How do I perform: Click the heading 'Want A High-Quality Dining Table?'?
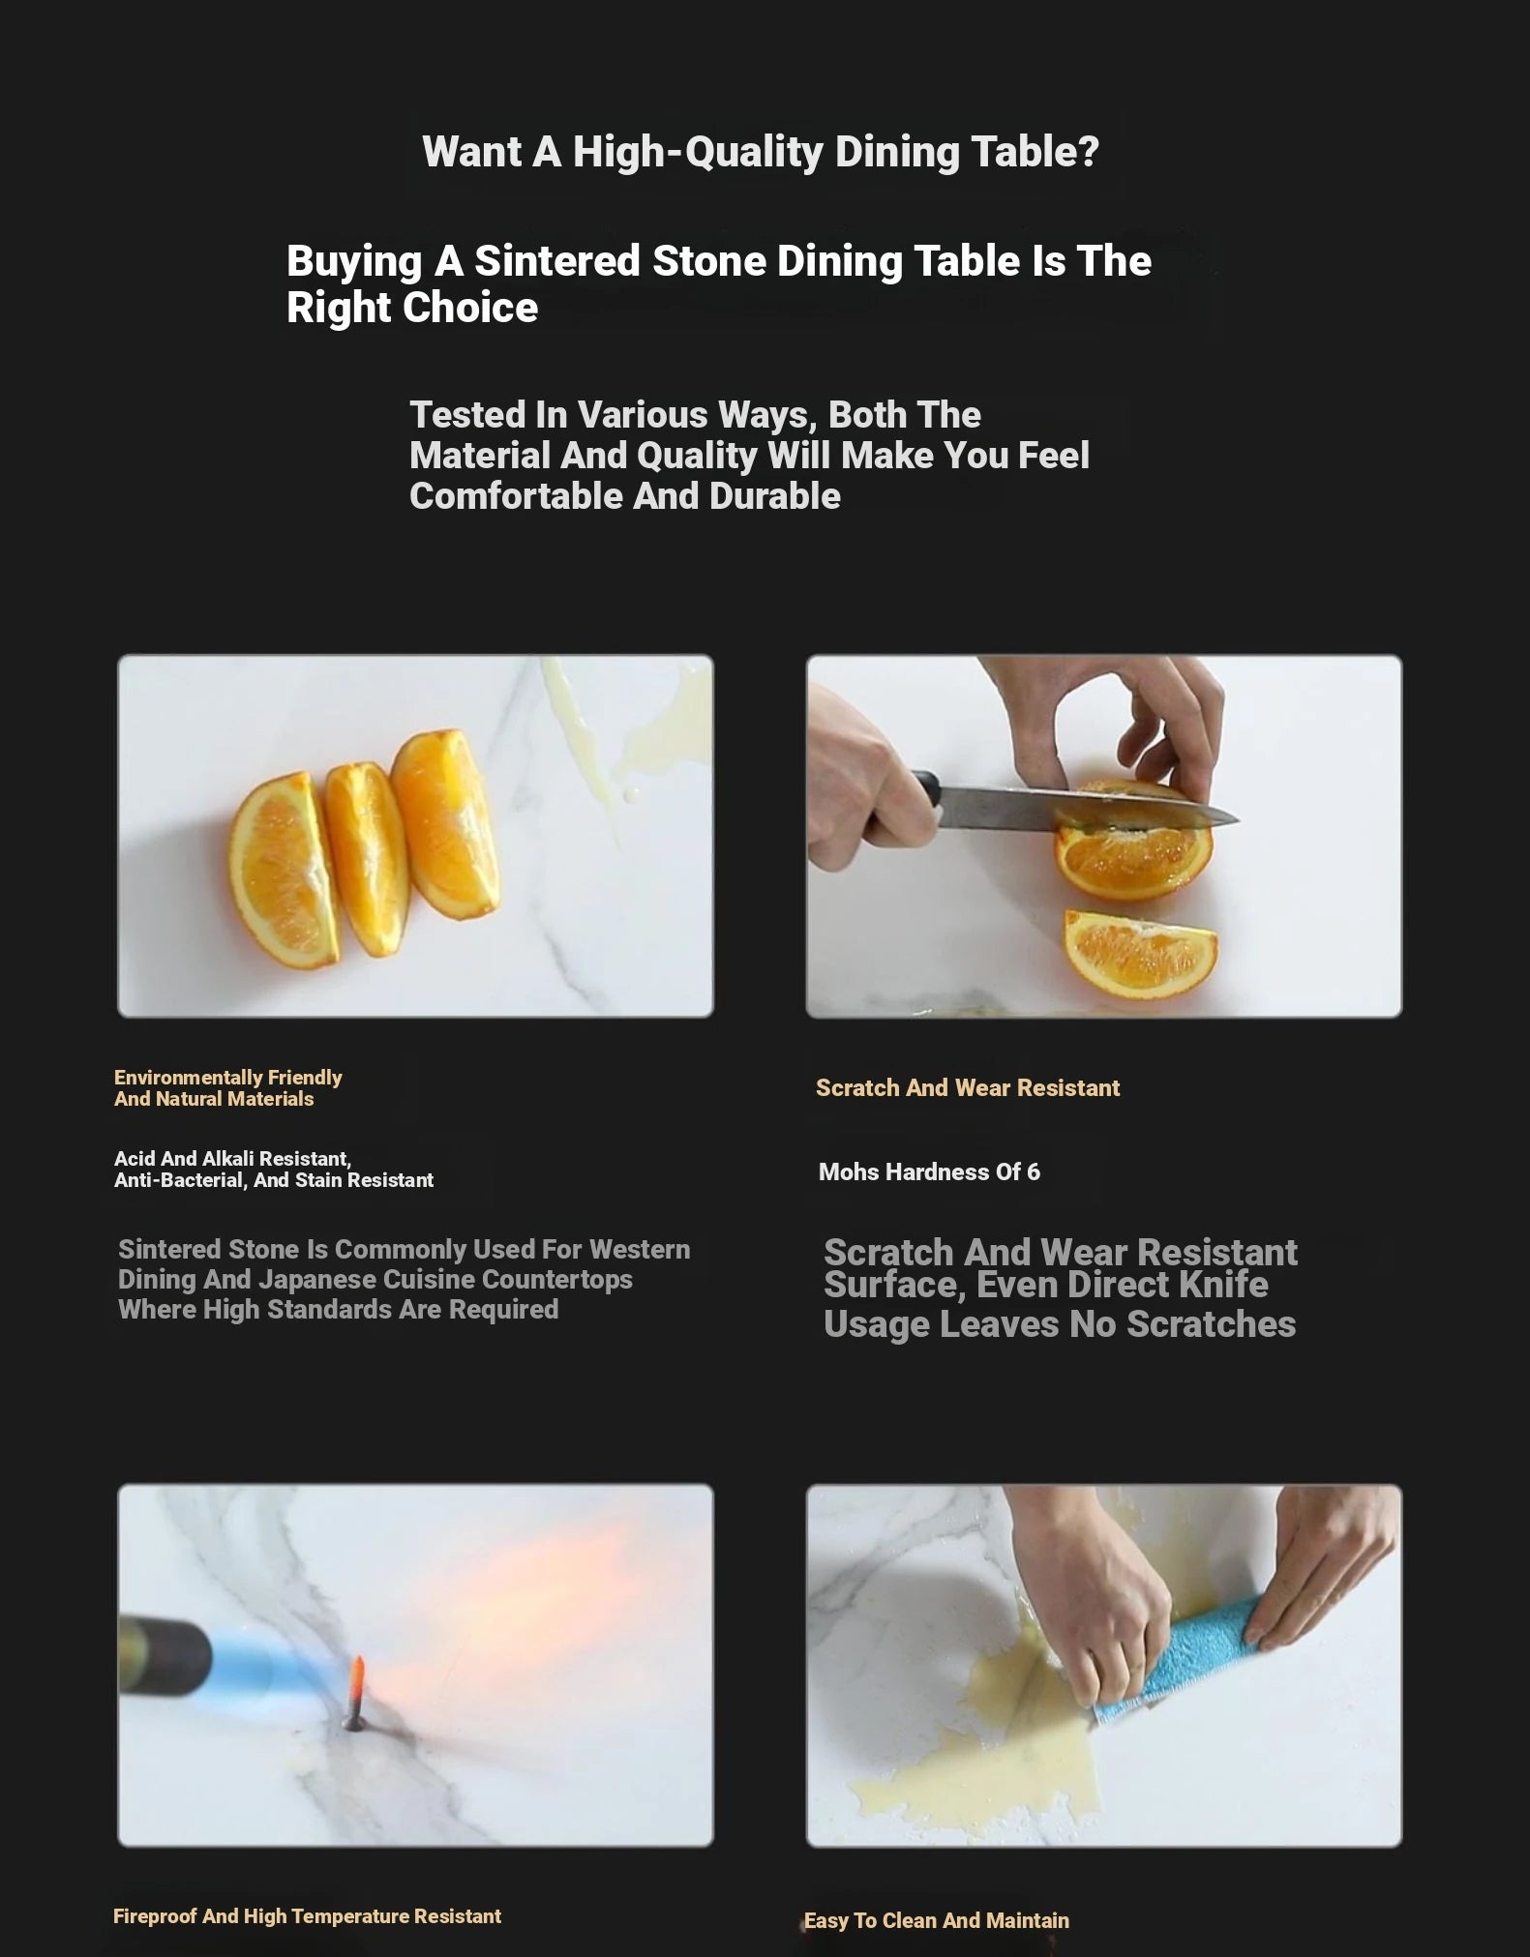761,152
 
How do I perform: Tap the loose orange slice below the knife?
1140,953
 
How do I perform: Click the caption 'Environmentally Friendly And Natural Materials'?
228,1087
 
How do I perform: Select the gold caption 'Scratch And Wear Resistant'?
968,1088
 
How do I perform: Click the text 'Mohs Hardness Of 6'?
929,1171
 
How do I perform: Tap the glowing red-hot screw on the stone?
356,1692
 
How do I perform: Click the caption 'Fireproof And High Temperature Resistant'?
308,1916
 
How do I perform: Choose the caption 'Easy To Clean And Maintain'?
937,1920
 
